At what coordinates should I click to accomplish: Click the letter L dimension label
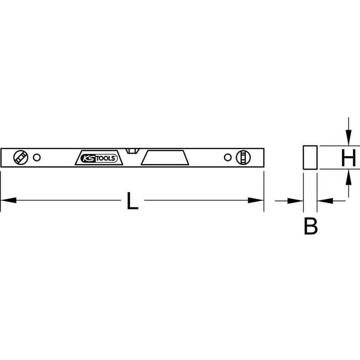(132, 201)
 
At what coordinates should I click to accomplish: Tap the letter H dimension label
(348, 158)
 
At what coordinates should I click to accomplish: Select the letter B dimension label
(311, 226)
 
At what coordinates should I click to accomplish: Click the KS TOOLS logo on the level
(99, 158)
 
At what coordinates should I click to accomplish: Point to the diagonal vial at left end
(21, 158)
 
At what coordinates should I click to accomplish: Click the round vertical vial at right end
(243, 158)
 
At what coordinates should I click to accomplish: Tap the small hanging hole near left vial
(37, 158)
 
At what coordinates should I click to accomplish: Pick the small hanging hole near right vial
(228, 158)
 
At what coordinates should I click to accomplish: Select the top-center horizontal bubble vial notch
(133, 151)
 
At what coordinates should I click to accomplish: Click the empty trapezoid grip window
(165, 158)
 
